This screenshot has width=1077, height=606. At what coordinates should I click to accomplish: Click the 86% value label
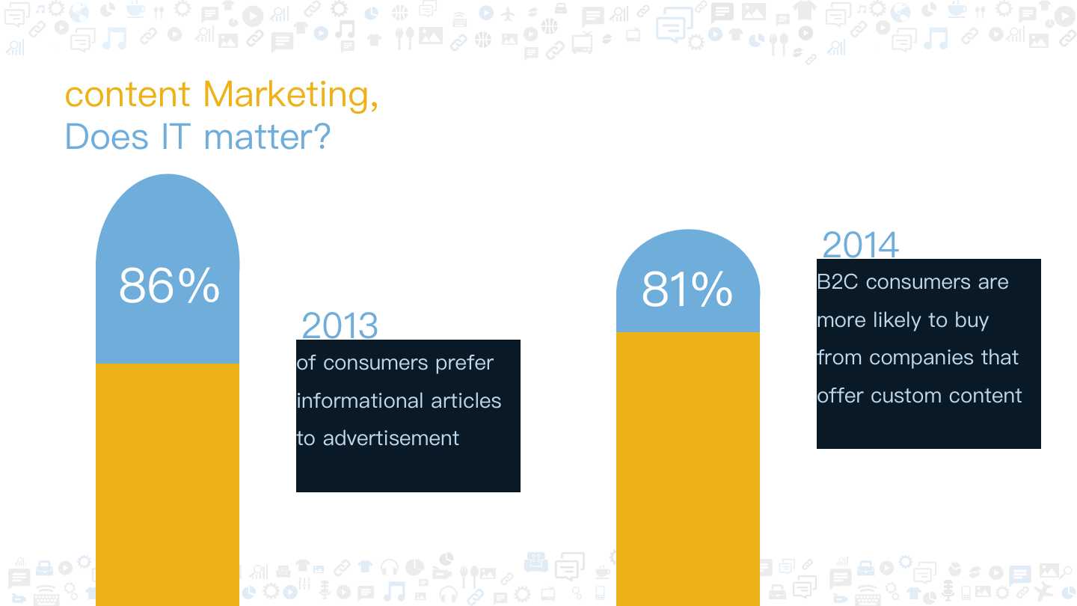click(x=169, y=286)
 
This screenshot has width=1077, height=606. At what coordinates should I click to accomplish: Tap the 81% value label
click(x=687, y=290)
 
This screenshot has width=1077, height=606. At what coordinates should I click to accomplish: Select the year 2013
click(x=340, y=326)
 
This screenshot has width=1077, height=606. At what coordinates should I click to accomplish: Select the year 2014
click(x=860, y=245)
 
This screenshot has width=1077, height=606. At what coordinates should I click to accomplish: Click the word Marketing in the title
click(x=290, y=95)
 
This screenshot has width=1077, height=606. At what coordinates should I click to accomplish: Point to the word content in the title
click(x=128, y=95)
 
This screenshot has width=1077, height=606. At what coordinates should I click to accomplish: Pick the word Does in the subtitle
click(x=106, y=138)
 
